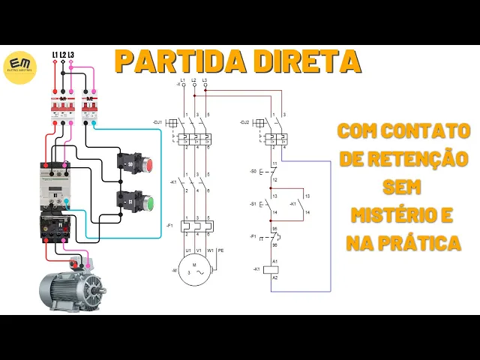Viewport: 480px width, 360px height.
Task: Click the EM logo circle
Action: (x=20, y=67)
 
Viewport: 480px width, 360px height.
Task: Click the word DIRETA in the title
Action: (x=303, y=61)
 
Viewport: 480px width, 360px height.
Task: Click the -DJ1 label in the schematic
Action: (x=157, y=121)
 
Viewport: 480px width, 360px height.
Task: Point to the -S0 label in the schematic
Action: (x=253, y=172)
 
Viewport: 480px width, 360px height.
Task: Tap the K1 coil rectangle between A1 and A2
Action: (x=274, y=268)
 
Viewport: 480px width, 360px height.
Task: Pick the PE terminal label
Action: (x=219, y=250)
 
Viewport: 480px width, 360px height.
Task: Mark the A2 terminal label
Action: (x=274, y=277)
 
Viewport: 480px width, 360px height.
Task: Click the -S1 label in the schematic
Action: (x=253, y=204)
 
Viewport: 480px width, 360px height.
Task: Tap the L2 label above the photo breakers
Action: (x=62, y=55)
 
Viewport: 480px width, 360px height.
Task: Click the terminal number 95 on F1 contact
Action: (x=274, y=228)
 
